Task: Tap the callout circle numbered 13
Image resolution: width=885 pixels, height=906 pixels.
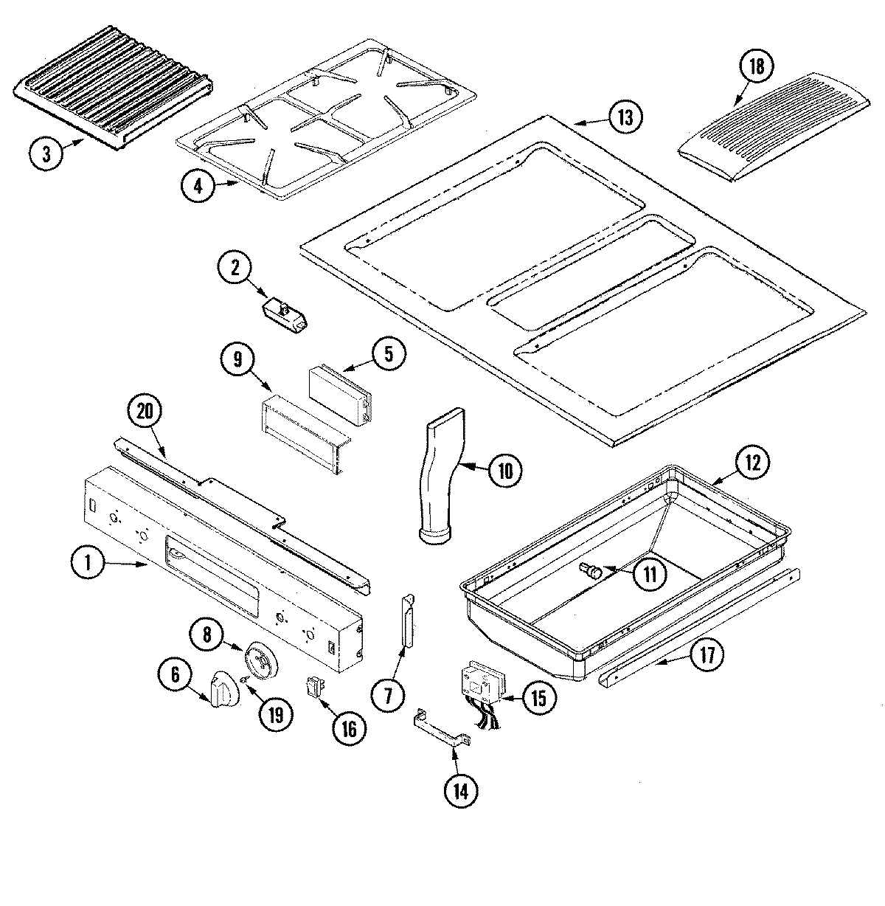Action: click(x=625, y=118)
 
